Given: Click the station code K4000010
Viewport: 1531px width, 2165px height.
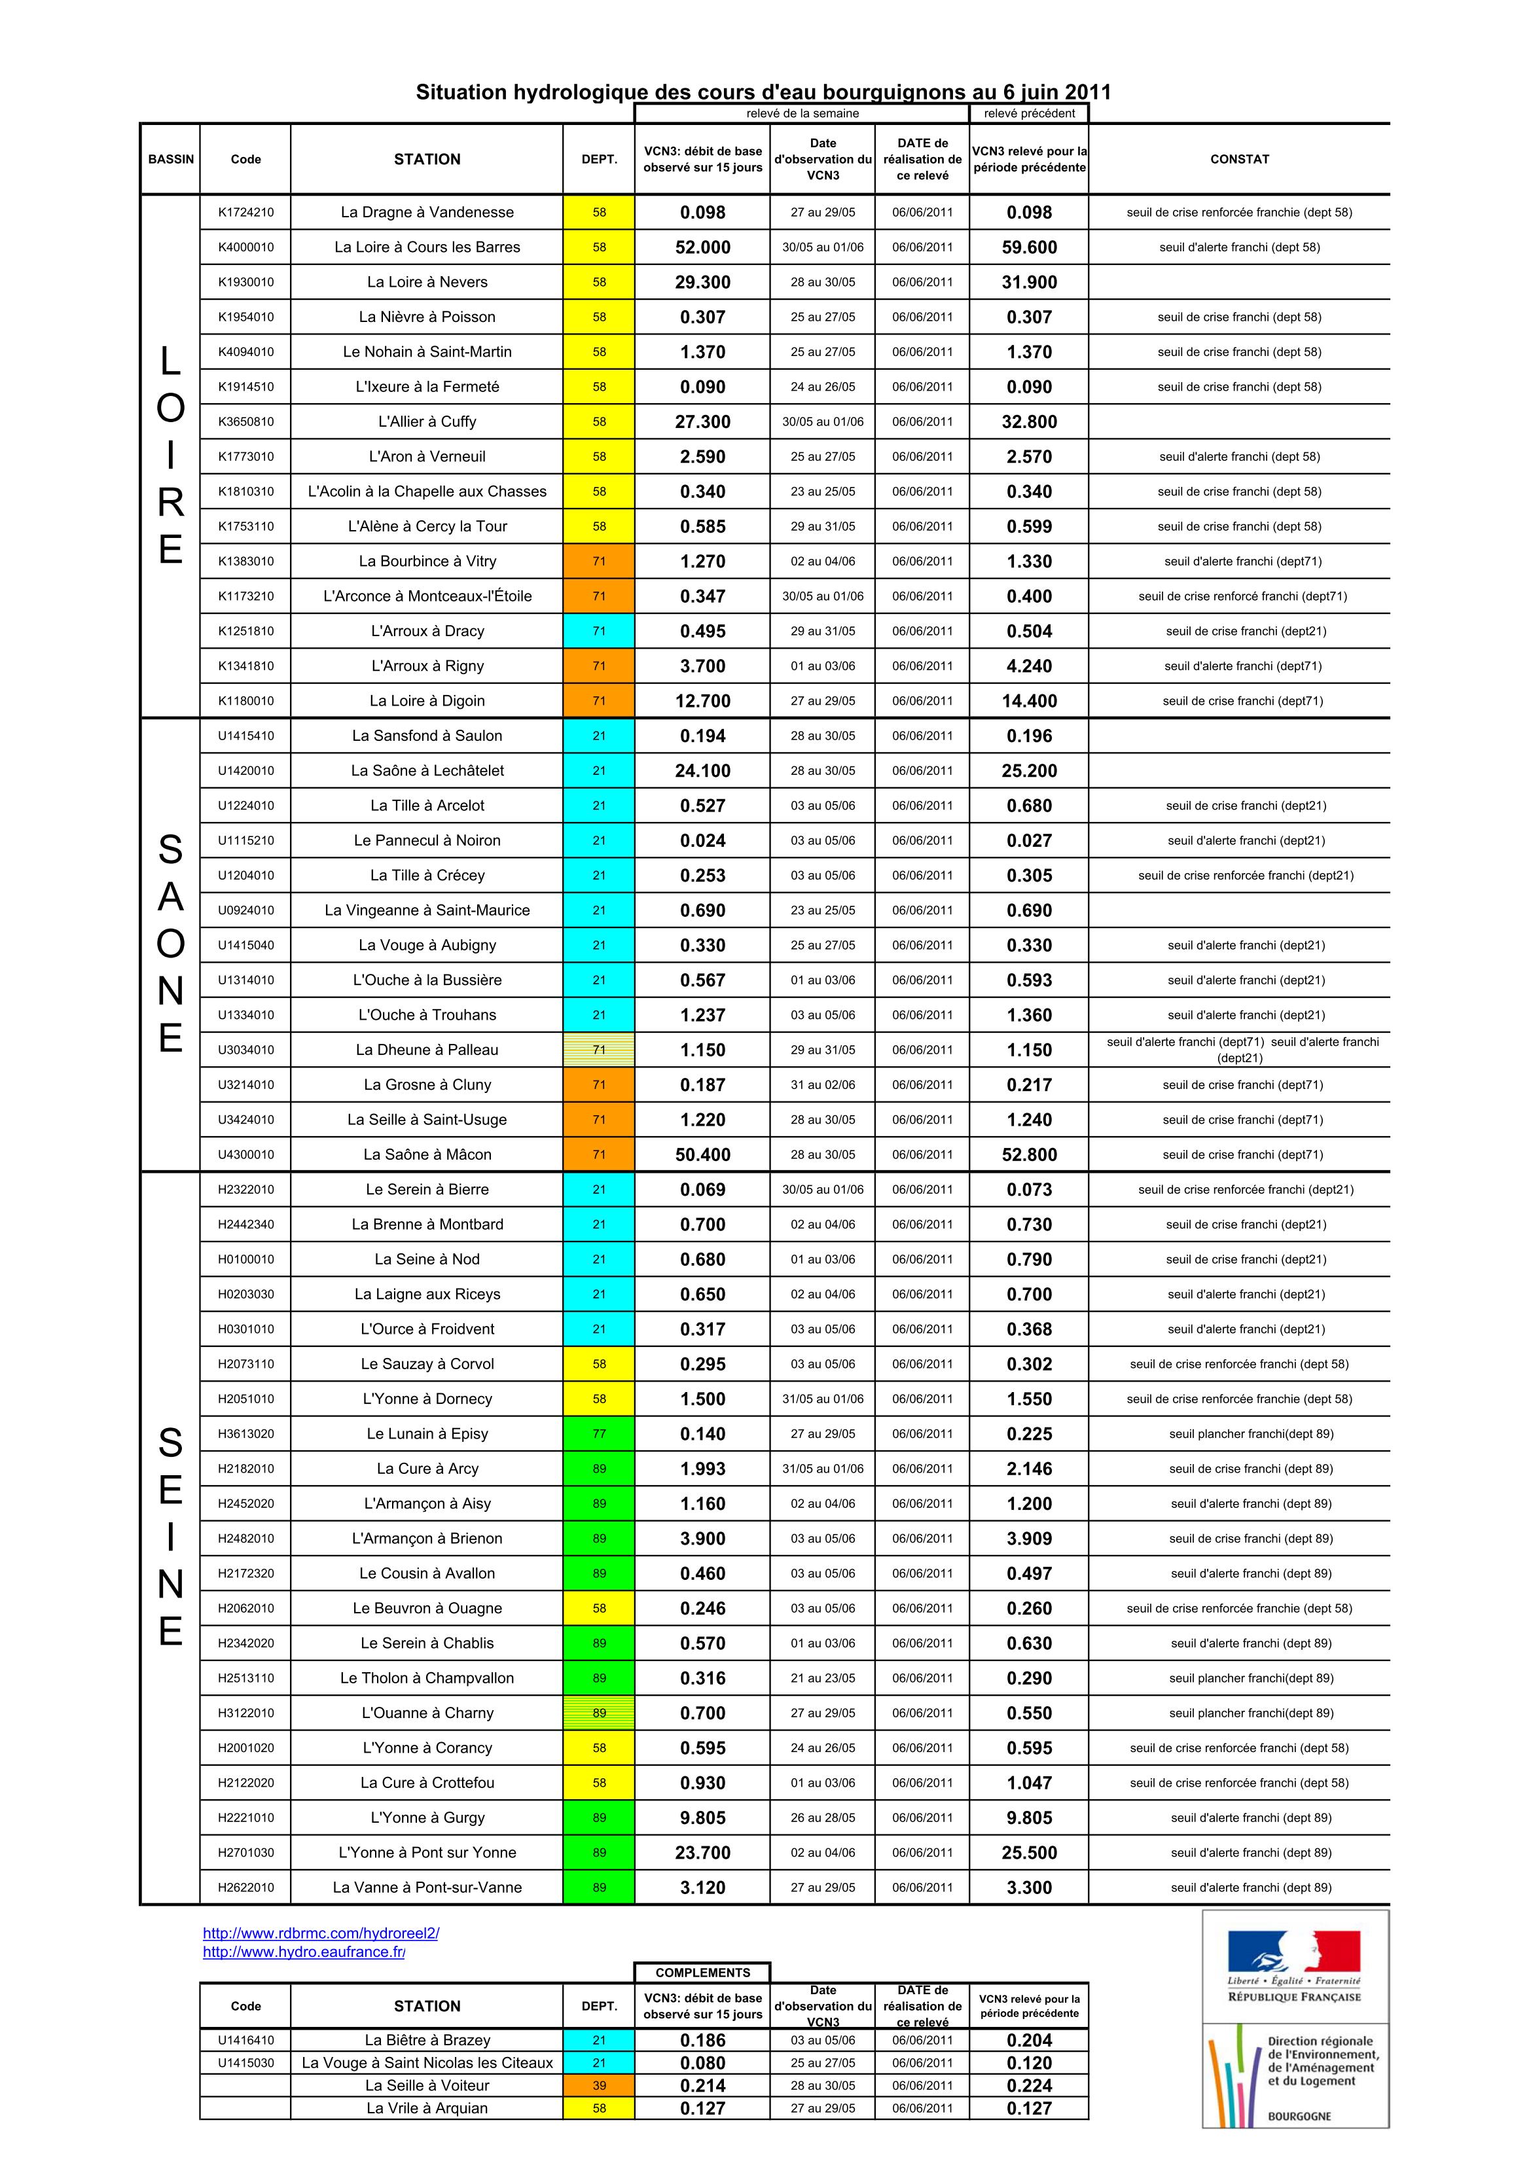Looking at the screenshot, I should tap(245, 247).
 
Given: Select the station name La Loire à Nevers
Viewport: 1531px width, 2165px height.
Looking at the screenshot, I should tap(427, 282).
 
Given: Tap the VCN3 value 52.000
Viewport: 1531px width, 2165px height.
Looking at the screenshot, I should tap(703, 247).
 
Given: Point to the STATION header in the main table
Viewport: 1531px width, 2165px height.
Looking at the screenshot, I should tap(427, 159).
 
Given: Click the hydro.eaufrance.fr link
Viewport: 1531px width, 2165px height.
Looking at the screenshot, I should tap(304, 1952).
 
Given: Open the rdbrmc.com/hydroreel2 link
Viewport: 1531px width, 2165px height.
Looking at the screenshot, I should tap(321, 1933).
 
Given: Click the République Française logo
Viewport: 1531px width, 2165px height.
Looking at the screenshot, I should tap(1294, 1969).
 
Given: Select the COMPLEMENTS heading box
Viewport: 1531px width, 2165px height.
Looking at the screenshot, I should tap(703, 1973).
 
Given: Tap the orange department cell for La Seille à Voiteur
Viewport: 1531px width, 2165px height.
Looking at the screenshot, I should tap(599, 2086).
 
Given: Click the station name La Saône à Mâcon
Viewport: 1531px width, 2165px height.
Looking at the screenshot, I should tap(427, 1154).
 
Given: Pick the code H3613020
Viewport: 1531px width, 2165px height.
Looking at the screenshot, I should tap(245, 1433).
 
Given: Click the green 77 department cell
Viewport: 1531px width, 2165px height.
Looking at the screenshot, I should tap(599, 1433).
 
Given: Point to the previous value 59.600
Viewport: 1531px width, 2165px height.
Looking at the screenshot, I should tap(1029, 247).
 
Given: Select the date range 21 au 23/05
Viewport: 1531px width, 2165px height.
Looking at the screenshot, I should tap(823, 1677).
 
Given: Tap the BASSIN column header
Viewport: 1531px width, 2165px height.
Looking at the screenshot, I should tap(171, 159).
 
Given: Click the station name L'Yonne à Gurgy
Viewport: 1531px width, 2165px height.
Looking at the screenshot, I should tap(427, 1817).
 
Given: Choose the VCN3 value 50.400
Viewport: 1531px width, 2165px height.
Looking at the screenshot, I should tap(703, 1154).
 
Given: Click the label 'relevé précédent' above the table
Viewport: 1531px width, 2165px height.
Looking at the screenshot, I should tap(1029, 113).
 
